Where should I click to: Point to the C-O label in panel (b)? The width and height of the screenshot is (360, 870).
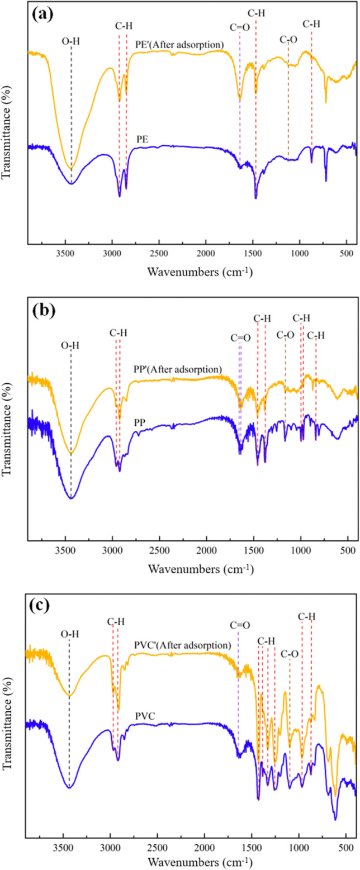pos(285,335)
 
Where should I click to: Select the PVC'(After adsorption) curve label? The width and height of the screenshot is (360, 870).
pos(182,645)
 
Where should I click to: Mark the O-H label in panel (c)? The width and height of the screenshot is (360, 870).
pos(69,634)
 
